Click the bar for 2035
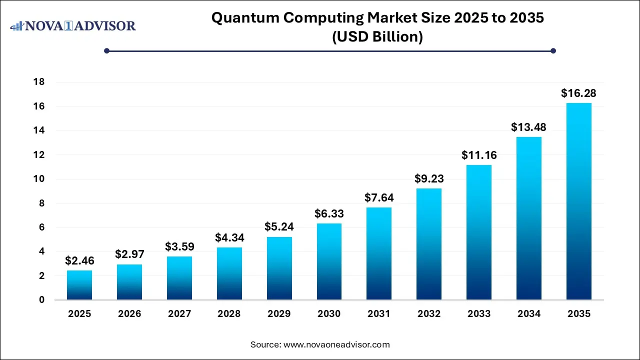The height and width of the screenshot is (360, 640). click(x=578, y=201)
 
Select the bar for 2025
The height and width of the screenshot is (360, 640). click(x=79, y=285)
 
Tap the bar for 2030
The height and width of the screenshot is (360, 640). click(x=329, y=261)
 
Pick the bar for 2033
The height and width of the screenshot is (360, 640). click(x=479, y=232)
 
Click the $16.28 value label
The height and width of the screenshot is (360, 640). click(x=578, y=93)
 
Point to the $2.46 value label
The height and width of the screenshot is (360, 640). click(x=79, y=260)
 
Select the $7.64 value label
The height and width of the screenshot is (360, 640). click(x=379, y=197)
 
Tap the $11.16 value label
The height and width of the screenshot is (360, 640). click(x=479, y=155)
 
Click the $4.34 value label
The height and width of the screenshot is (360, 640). click(x=229, y=237)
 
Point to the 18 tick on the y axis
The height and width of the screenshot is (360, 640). click(x=39, y=82)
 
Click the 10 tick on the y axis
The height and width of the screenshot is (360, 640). click(x=39, y=179)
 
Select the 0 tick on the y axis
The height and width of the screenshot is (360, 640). click(x=42, y=300)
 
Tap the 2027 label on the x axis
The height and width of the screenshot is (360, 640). click(x=179, y=314)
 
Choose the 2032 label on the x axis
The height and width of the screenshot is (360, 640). click(x=429, y=314)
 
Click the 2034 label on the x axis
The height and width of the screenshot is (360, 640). click(x=528, y=314)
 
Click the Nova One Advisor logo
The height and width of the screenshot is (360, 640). click(x=73, y=25)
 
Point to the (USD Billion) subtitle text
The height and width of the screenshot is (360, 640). click(x=377, y=37)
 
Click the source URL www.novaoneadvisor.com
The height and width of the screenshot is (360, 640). click(x=336, y=344)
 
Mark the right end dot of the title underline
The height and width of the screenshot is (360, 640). click(x=553, y=50)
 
